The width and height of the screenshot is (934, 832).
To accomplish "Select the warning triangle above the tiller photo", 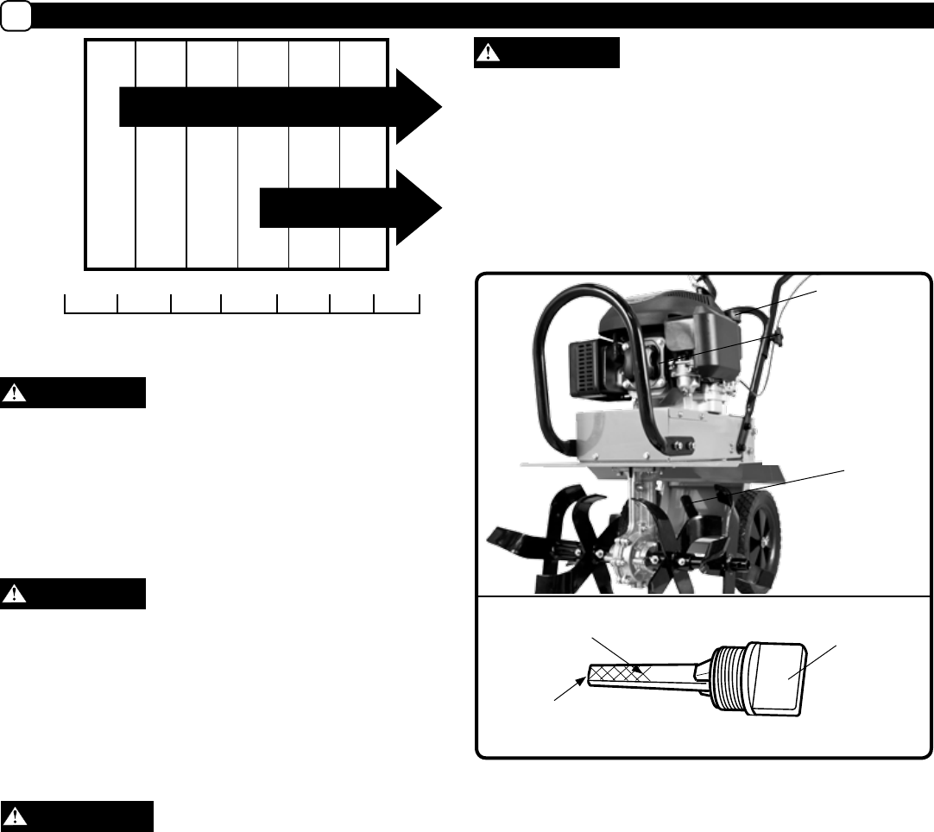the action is click(x=490, y=52).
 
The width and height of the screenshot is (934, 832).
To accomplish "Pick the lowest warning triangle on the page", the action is click(x=16, y=816).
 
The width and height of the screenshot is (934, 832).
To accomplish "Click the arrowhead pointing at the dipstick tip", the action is click(x=574, y=681).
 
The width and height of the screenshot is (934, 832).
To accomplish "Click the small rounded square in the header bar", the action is click(x=15, y=16).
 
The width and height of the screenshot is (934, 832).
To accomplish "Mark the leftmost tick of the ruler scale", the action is click(x=66, y=303).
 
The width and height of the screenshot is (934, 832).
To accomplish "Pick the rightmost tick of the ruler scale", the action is click(x=420, y=303).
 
